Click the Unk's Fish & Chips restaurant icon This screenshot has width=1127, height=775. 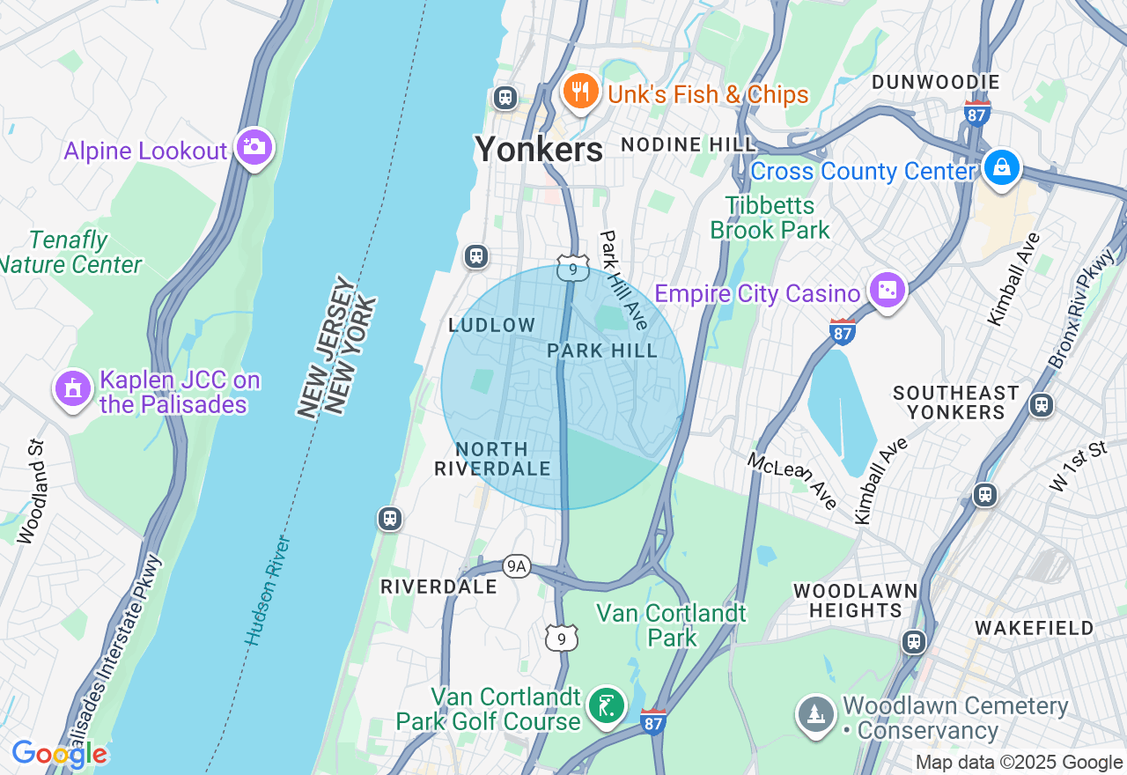tap(580, 91)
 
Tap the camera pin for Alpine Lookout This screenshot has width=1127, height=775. tap(254, 147)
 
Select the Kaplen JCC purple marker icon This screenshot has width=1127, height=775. tap(73, 388)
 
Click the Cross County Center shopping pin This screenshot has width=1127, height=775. tap(1001, 166)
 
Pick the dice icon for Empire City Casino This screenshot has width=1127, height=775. tap(887, 290)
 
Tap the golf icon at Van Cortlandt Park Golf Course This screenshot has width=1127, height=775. tap(607, 705)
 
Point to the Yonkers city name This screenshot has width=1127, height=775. tap(539, 150)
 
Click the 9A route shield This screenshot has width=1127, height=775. tap(517, 566)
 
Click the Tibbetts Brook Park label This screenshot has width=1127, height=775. tap(770, 218)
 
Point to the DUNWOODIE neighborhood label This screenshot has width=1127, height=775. tap(935, 83)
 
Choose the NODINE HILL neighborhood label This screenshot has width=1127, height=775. tap(688, 144)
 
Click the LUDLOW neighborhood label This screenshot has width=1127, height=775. tap(491, 325)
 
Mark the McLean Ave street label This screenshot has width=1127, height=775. tap(793, 480)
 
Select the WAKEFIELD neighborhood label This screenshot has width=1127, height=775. tap(1034, 628)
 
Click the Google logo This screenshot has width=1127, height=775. tap(59, 754)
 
